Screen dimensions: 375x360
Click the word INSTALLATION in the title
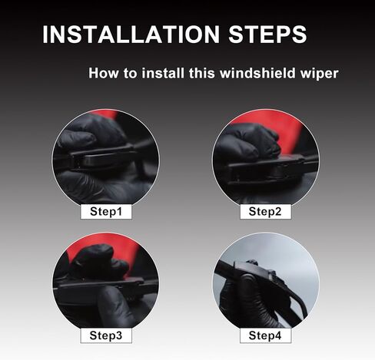[131, 35]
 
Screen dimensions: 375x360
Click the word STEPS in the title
[267, 35]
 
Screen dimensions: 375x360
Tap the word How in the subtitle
[104, 73]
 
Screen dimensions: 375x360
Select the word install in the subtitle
[163, 73]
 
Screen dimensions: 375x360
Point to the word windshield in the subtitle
[257, 73]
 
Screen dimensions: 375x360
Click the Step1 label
[106, 212]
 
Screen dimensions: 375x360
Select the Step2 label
[265, 212]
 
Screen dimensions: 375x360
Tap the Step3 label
[106, 335]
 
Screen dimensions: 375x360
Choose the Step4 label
[265, 335]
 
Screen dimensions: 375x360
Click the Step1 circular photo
[106, 159]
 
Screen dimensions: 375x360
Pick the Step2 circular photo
[266, 159]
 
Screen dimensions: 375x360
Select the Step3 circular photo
[106, 282]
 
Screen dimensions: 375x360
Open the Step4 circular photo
[266, 282]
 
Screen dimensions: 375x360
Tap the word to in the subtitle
[130, 74]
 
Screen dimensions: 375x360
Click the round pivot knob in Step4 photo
[248, 279]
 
